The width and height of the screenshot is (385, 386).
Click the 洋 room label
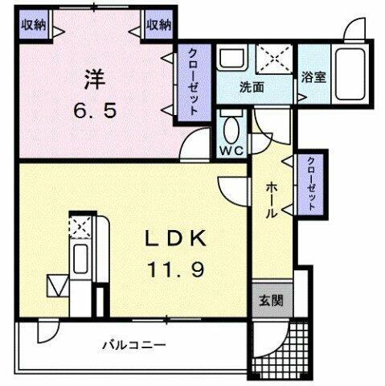90,80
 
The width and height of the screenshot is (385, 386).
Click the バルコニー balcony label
133,345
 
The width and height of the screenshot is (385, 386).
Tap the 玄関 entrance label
270,302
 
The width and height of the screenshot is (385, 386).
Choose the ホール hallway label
273,199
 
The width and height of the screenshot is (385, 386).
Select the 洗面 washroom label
252,86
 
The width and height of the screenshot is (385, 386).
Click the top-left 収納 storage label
33,25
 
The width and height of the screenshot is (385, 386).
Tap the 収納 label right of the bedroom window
159,25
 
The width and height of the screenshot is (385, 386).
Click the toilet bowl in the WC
231,129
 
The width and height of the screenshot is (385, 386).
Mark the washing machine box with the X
275,59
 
